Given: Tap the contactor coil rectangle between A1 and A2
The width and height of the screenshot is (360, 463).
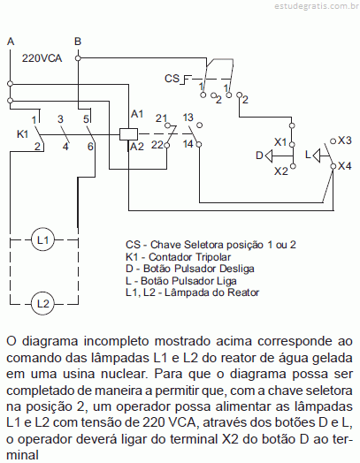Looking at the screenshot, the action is coord(129,134).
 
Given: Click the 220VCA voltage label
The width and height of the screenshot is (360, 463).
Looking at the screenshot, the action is coord(42,58).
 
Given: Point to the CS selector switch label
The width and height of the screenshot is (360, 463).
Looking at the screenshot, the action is coord(172,79).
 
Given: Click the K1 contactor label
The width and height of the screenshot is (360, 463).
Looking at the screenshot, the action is coord(22,134).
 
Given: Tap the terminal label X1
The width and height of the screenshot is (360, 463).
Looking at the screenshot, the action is coord(280,142).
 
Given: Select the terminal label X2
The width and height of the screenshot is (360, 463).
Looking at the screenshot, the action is coord(280,171).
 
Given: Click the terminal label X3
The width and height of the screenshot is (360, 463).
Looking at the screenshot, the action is coord(345,140).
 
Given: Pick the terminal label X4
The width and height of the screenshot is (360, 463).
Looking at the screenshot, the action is coord(345,166).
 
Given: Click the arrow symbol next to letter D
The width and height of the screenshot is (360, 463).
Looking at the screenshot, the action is coord(269,156).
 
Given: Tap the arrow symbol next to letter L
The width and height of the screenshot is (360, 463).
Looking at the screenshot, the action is coord(317,156).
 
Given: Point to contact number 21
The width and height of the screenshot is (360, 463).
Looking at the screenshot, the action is coord(161,118).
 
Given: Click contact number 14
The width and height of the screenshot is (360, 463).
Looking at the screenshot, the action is coord(188,144).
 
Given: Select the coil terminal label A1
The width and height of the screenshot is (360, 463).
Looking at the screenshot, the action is coord(137,114).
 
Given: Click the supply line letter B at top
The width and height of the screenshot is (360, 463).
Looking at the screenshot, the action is coord(78,42).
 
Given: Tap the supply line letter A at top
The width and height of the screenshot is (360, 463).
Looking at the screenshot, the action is coord(11,42).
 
